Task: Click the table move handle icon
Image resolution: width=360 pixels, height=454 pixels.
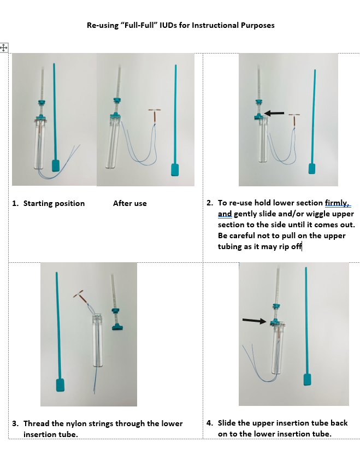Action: [x=4, y=48]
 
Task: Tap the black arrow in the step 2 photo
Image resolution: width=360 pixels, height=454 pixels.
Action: [x=274, y=113]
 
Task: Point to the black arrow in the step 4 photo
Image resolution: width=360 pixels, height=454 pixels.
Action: [x=254, y=321]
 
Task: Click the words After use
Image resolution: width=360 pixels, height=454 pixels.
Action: [x=130, y=203]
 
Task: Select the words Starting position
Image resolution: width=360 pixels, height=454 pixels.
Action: [x=54, y=203]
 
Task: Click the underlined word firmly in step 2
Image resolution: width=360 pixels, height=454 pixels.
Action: [x=337, y=203]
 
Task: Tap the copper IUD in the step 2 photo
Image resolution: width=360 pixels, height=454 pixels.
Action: [x=294, y=119]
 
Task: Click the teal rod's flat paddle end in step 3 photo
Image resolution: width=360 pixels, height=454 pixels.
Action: [x=60, y=385]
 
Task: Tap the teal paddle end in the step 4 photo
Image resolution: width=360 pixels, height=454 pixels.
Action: [x=308, y=380]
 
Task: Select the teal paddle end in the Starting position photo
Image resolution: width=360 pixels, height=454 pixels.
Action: [x=56, y=166]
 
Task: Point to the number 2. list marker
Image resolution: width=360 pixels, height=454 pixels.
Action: [x=210, y=203]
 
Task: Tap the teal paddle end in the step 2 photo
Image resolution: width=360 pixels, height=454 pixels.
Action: [x=311, y=168]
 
